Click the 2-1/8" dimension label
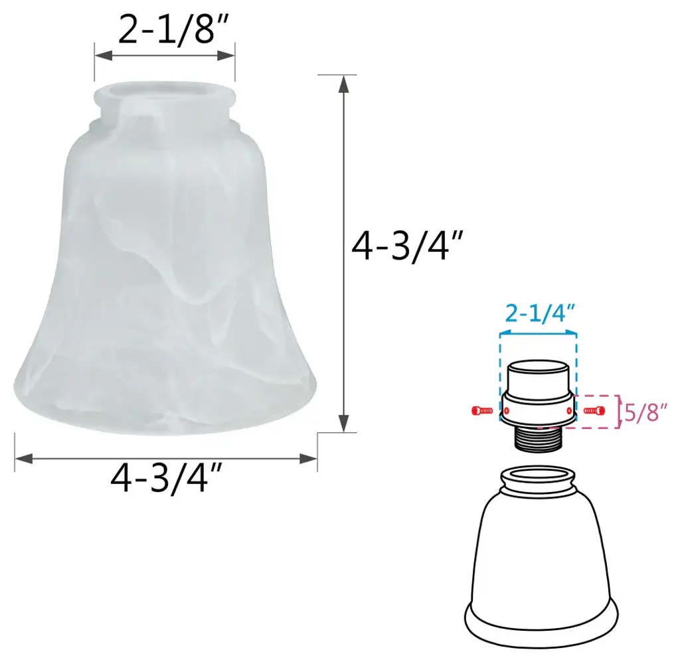pyautogui.click(x=173, y=29)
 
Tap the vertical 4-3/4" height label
pyautogui.click(x=407, y=246)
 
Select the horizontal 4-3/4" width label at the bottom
pyautogui.click(x=166, y=478)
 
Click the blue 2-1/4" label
pyautogui.click(x=540, y=313)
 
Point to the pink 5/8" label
pyautogui.click(x=645, y=412)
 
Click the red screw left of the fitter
pyautogui.click(x=482, y=410)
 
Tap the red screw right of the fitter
pyautogui.click(x=594, y=410)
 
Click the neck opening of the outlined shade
pyautogui.click(x=538, y=474)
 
